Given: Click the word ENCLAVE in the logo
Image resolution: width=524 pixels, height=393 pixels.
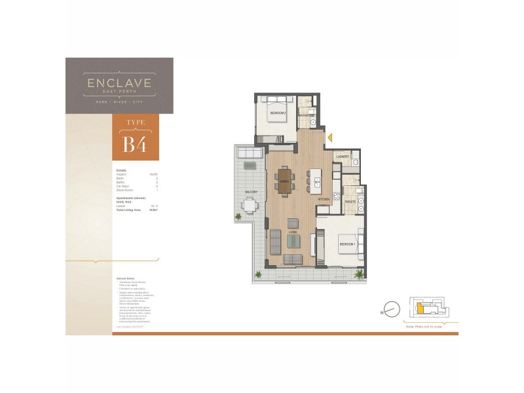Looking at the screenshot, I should tap(120, 83).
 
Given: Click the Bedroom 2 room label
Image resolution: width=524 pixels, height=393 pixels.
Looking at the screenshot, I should tap(278, 113).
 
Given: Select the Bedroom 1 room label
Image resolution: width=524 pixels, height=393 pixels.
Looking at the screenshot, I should tap(346, 244).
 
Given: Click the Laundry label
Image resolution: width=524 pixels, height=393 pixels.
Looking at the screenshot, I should tap(341, 157).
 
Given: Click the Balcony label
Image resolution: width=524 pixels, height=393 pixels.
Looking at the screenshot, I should tap(250, 192).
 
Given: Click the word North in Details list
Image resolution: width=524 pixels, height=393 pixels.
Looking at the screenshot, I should tap(154, 174).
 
